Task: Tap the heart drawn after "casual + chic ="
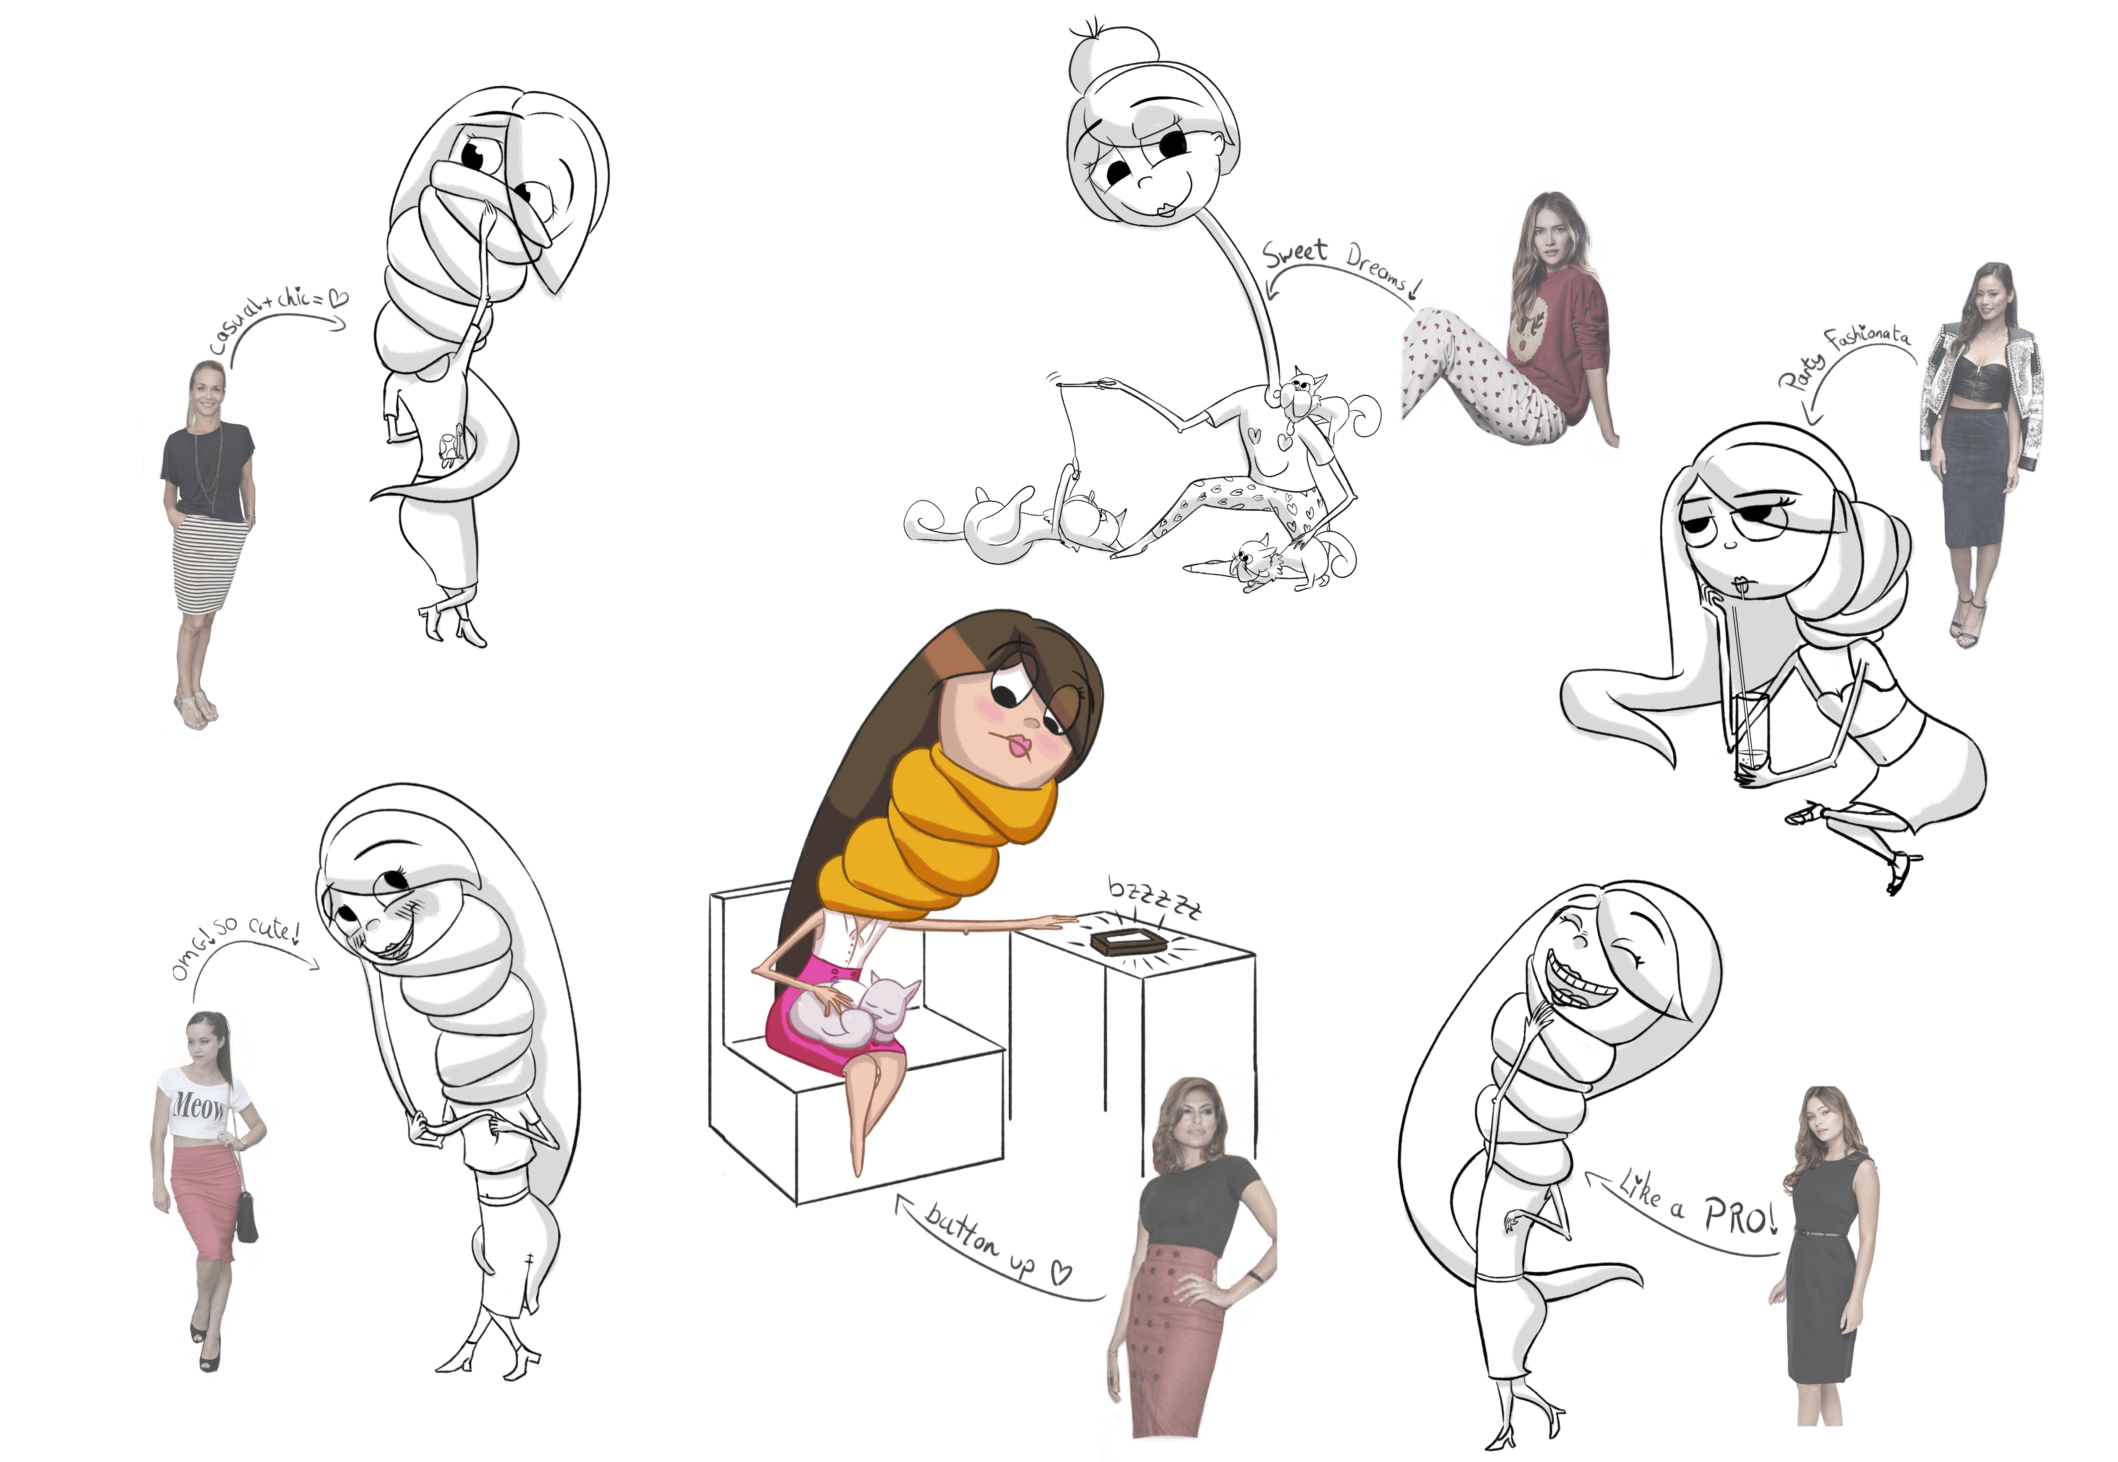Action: coord(338,297)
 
